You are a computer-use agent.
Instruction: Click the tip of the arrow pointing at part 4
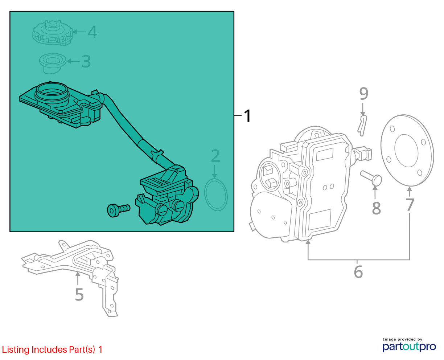pos(73,32)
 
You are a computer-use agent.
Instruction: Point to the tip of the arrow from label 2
pos(214,178)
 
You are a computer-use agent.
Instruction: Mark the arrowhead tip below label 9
pos(363,115)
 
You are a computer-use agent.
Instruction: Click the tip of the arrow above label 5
pos(78,271)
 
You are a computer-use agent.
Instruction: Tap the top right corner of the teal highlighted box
pos(234,11)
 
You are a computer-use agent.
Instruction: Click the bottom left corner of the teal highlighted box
pos(10,232)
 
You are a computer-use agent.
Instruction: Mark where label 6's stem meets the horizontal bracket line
pos(357,260)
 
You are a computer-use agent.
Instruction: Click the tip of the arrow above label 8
pos(375,185)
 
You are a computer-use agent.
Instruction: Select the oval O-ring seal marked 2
pos(216,195)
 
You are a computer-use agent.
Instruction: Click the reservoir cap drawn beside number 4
pos(53,33)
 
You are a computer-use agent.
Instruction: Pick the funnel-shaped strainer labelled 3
pos(53,64)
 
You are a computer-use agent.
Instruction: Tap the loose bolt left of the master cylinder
pos(119,210)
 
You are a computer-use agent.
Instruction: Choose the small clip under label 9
pos(362,126)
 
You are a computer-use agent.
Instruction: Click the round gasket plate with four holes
pos(407,150)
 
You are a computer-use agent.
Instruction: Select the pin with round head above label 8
pos(371,178)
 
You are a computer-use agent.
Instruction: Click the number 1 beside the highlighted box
pos(247,116)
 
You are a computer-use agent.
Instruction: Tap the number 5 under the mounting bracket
pos(79,295)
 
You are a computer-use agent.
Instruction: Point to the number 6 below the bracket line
pos(358,272)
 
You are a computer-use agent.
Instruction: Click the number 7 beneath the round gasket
pos(410,205)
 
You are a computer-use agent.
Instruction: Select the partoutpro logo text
pos(409,347)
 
